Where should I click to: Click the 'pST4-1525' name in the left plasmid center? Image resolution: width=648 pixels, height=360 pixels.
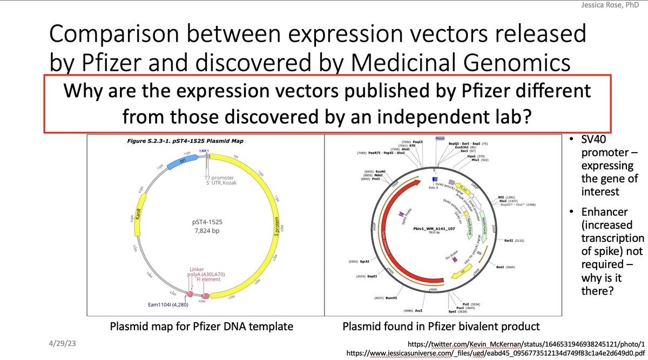click(205, 222)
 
